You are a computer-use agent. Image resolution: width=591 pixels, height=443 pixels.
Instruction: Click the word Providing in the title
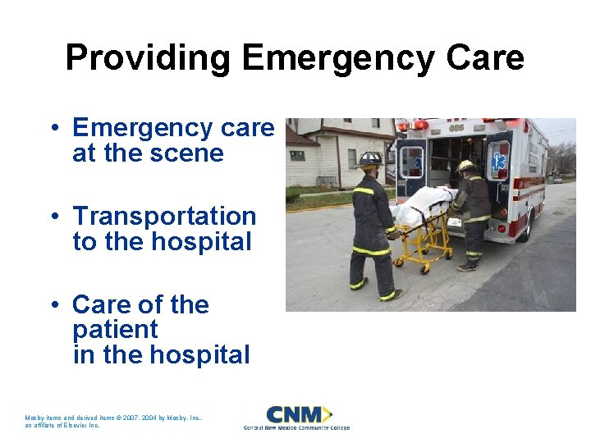click(x=149, y=58)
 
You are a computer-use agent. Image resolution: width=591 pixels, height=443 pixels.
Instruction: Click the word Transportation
click(x=164, y=217)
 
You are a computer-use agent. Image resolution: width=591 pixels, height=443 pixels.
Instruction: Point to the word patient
click(x=115, y=331)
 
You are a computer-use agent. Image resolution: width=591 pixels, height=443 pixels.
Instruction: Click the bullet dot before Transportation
click(x=53, y=217)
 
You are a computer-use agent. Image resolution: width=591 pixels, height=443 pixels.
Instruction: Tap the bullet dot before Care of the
click(x=53, y=305)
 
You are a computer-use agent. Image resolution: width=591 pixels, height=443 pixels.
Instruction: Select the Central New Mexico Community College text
click(x=296, y=427)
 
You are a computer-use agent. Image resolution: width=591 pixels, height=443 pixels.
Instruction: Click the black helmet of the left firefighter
click(x=370, y=158)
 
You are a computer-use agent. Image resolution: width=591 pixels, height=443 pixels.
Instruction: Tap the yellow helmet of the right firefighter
click(x=466, y=166)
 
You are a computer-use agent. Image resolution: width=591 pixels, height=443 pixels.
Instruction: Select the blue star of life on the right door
click(x=498, y=162)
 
